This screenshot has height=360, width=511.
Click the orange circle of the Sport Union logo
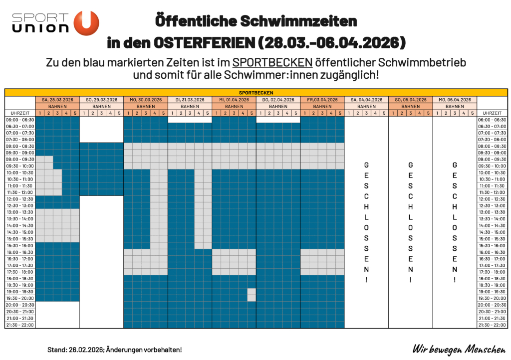tap(86, 23)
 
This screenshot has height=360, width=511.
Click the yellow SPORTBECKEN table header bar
tap(255, 93)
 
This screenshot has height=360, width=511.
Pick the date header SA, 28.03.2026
tap(57, 100)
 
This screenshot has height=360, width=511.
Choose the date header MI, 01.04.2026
tap(234, 100)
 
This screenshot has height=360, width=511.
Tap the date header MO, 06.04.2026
tap(455, 100)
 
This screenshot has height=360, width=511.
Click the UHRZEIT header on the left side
tap(20, 113)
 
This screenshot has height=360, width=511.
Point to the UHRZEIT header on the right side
tap(492, 113)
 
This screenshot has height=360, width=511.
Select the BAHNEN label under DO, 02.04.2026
tap(278, 106)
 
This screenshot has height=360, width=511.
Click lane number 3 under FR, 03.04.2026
tap(322, 113)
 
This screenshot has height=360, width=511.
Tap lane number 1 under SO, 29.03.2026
tap(84, 113)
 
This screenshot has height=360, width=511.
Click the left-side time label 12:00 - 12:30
tap(20, 199)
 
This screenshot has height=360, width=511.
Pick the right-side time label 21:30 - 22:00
tap(492, 325)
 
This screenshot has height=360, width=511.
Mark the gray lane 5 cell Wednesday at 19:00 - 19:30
tap(252, 292)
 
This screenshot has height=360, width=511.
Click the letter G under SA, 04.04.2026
tap(366, 165)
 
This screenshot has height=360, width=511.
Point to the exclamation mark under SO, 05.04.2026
tap(411, 280)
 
